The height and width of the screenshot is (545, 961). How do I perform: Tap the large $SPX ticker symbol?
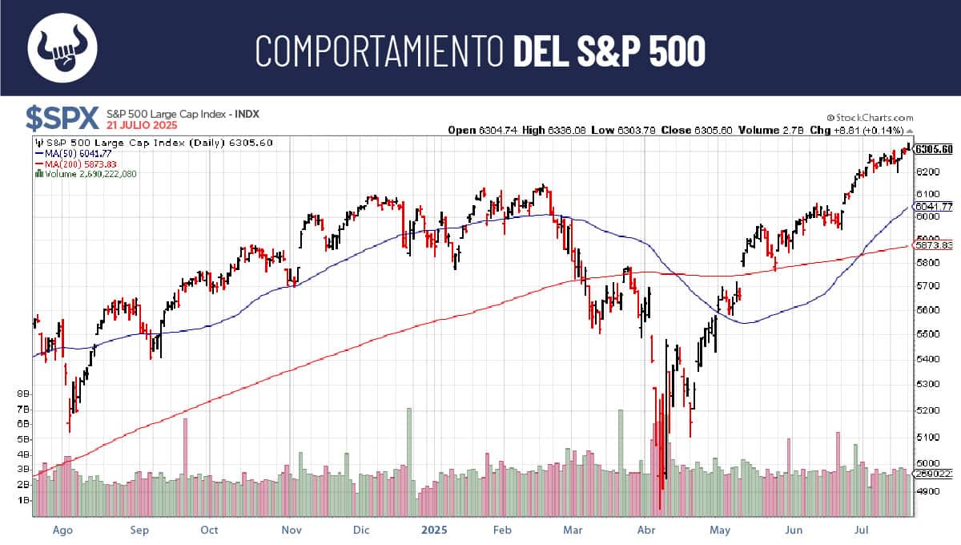(x=62, y=118)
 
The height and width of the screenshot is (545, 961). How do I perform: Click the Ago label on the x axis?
(x=63, y=530)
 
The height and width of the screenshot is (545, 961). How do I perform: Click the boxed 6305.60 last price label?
(x=935, y=149)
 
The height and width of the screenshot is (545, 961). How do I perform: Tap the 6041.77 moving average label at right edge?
(x=935, y=206)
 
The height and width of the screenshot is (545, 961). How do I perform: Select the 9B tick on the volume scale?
(x=24, y=394)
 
